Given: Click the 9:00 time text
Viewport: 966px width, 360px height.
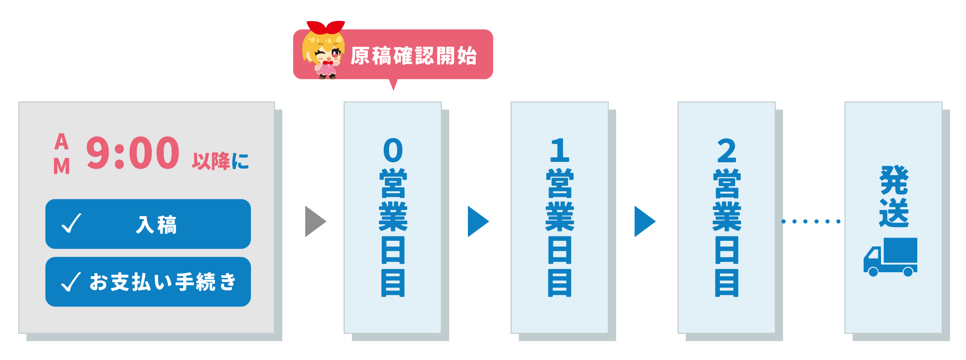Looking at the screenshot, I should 133,153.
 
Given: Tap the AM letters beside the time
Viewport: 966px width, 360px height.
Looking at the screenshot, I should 62,154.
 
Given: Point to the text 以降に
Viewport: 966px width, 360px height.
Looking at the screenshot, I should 220,161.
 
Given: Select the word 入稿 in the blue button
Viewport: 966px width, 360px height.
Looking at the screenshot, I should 156,225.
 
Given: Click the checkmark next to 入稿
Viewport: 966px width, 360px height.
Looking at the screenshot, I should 71,223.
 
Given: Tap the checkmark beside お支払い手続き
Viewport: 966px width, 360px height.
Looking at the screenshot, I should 71,281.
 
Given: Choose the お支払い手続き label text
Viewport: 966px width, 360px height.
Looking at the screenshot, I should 162,282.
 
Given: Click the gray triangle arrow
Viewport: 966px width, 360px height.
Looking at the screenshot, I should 315,221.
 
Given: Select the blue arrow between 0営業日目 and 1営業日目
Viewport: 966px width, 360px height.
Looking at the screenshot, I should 478,221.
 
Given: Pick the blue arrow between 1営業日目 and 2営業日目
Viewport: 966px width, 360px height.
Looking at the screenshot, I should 644,221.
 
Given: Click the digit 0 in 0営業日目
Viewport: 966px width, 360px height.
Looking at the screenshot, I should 393,150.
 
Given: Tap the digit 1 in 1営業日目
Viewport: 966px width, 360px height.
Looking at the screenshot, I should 560,150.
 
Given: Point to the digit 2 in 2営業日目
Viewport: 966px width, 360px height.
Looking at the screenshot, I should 726,150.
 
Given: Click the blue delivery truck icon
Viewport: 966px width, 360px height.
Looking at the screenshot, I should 890,257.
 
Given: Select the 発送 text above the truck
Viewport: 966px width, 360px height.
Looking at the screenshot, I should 894,197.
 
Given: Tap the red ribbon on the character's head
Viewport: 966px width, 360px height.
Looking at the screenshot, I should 325,27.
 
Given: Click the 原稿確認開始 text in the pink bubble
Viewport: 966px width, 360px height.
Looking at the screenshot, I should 414,56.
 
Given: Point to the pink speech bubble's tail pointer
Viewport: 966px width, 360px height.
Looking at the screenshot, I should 393,85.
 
